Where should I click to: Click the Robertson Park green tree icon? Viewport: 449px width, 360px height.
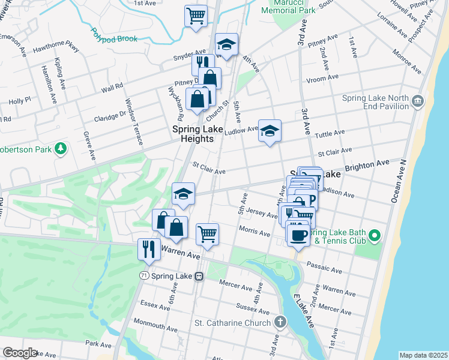coord(60,148)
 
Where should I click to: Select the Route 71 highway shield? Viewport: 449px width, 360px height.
coord(143,275)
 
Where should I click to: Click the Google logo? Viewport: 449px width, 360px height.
coord(20,352)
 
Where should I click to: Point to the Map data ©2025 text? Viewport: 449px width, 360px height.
coord(423,355)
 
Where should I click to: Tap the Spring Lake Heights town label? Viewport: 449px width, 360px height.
coord(193,133)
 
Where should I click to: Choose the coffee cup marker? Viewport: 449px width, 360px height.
coord(298,235)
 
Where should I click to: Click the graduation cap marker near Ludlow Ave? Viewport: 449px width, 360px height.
coord(270,131)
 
